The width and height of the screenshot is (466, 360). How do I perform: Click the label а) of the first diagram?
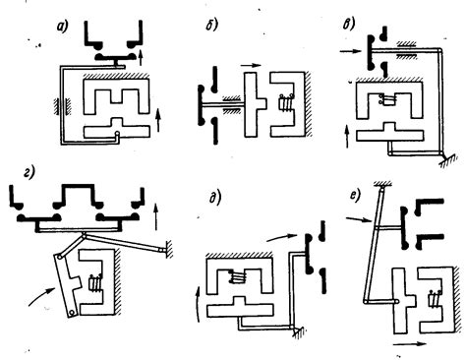coord(62,27)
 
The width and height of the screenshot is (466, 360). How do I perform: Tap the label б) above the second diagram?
coord(211,25)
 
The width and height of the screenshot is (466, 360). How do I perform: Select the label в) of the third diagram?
coord(348,25)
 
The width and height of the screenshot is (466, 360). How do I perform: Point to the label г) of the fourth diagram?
coord(29,172)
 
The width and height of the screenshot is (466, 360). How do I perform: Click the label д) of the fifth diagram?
coord(215,199)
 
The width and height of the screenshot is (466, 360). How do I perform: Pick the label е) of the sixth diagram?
coord(355,196)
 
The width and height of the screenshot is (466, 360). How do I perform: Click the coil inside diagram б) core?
coord(284,103)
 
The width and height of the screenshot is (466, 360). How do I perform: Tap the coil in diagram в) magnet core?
coord(387,99)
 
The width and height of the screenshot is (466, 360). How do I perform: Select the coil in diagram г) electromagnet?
coord(96,282)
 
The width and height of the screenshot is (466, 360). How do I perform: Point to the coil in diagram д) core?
coord(240,277)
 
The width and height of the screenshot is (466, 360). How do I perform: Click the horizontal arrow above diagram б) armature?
coord(251,65)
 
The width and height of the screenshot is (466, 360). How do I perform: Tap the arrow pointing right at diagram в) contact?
coord(350,51)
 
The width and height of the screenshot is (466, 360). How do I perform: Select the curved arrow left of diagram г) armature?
coord(40,296)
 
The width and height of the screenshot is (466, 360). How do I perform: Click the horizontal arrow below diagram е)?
coord(410,344)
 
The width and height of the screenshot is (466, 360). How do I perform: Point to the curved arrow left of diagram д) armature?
coord(198,303)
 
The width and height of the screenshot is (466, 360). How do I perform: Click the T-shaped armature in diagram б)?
coord(256,104)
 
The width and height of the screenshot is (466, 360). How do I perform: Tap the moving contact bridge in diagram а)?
coord(116,58)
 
